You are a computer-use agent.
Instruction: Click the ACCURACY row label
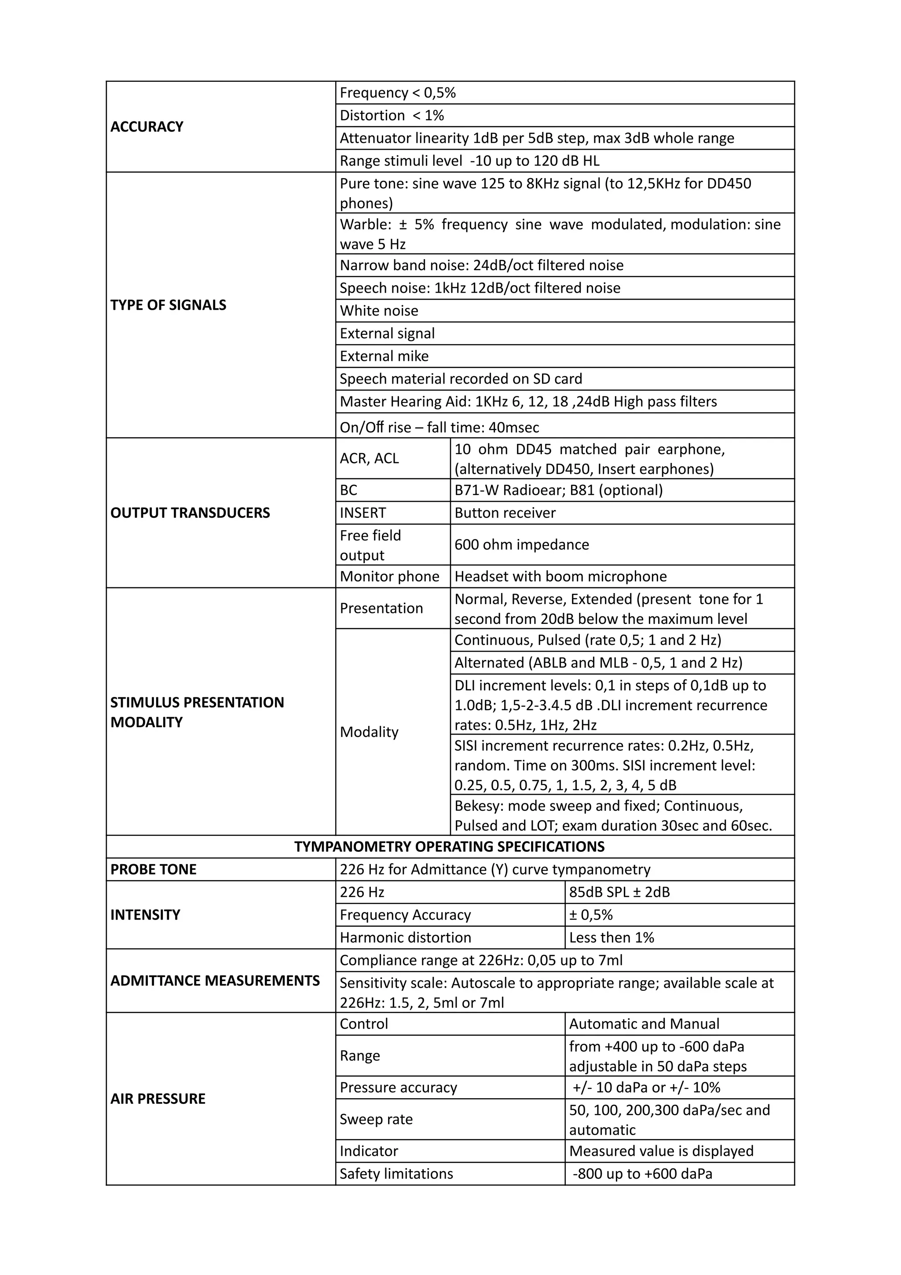click(x=147, y=127)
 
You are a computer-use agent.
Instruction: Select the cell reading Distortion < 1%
click(x=392, y=116)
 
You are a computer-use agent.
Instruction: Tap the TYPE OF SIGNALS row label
click(x=168, y=305)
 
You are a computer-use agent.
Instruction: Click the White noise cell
click(x=379, y=311)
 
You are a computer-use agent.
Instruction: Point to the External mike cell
click(x=384, y=356)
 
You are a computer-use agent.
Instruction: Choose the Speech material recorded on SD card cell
click(x=461, y=379)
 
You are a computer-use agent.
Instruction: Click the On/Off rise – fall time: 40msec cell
click(x=439, y=427)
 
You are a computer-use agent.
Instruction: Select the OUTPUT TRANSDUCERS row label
click(x=190, y=513)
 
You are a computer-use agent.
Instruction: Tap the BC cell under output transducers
click(x=348, y=490)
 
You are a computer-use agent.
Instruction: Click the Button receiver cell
click(x=505, y=513)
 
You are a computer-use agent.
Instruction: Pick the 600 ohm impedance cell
click(x=521, y=544)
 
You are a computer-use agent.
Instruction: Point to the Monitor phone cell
click(x=389, y=576)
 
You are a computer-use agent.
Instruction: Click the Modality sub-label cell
click(x=369, y=732)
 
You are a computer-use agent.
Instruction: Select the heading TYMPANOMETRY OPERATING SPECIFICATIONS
click(x=449, y=847)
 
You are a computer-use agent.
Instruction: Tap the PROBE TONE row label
click(x=153, y=870)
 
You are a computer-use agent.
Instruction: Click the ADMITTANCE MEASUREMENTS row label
click(x=215, y=981)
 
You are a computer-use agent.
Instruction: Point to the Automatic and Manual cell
click(x=644, y=1024)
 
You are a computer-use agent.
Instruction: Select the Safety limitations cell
click(x=396, y=1174)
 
